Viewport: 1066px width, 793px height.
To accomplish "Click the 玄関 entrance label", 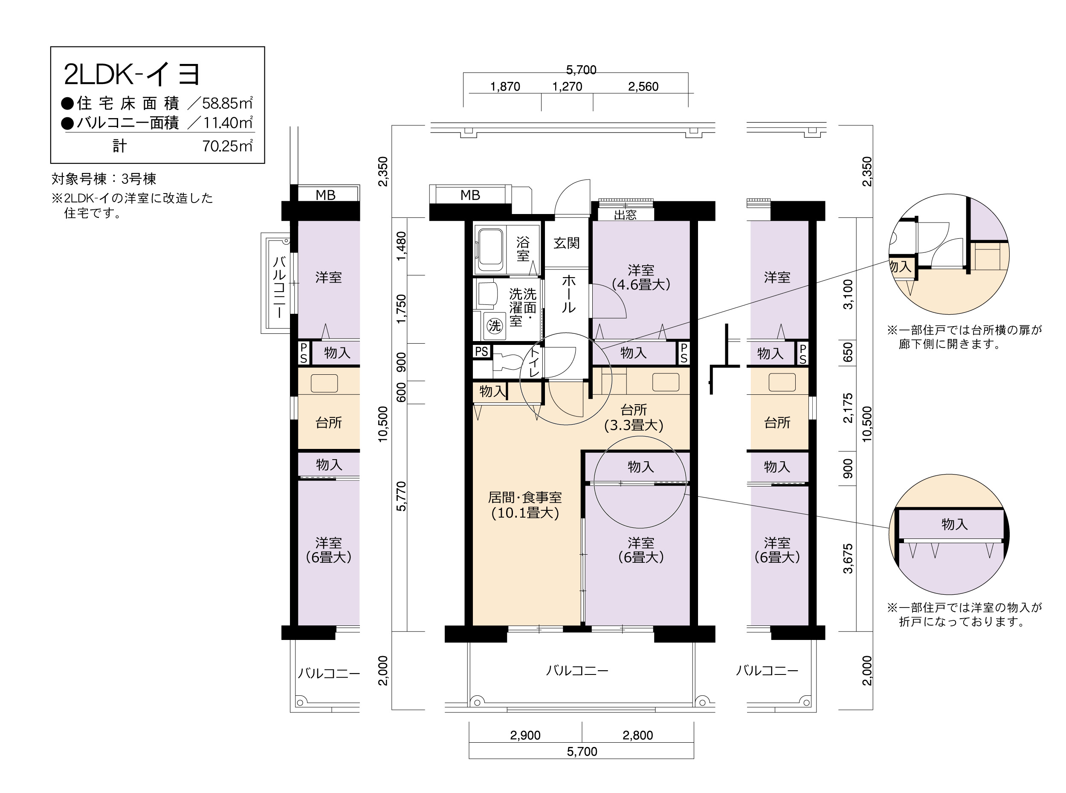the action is click(566, 243).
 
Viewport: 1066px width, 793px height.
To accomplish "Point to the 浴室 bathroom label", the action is click(523, 249).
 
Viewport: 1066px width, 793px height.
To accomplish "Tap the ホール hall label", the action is click(568, 293).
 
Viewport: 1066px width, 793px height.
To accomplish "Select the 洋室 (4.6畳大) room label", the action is click(641, 278).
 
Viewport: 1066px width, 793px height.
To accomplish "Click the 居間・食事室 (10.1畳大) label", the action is click(525, 505).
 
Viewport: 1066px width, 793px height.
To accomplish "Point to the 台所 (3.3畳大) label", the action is click(634, 417).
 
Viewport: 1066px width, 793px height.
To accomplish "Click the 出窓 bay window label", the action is click(625, 214).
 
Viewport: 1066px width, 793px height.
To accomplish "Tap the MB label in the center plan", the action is click(470, 195).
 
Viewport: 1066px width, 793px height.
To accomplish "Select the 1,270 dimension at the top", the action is click(567, 87).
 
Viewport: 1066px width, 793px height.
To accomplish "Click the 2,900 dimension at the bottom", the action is click(525, 735).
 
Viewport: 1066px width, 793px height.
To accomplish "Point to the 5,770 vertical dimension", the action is click(401, 496).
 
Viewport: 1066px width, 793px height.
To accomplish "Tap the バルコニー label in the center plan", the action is click(577, 670).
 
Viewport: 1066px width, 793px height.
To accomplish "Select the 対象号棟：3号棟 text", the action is click(104, 179).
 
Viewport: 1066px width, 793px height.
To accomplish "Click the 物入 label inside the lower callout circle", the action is click(954, 524).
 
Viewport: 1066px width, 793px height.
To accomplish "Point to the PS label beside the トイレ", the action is click(481, 351).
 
